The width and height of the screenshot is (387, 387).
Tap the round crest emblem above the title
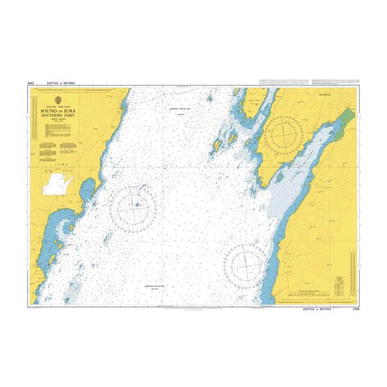57,101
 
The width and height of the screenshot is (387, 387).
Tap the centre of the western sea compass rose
134,206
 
